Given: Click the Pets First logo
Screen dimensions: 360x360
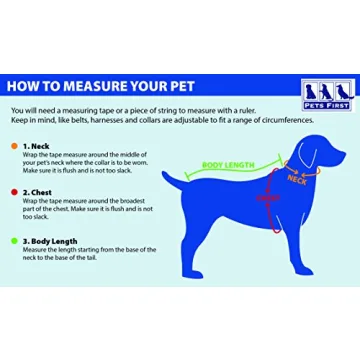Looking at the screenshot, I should [329, 95].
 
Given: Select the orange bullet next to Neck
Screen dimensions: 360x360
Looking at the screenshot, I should [14, 146].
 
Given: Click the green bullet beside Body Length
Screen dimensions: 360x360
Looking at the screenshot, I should [14, 240].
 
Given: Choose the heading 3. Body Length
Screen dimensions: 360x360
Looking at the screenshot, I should [50, 240].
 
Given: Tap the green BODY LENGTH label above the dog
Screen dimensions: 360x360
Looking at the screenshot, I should [229, 165].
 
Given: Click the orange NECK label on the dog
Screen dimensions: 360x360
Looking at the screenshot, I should [296, 178].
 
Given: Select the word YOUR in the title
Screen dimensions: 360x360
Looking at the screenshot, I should [159, 87].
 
